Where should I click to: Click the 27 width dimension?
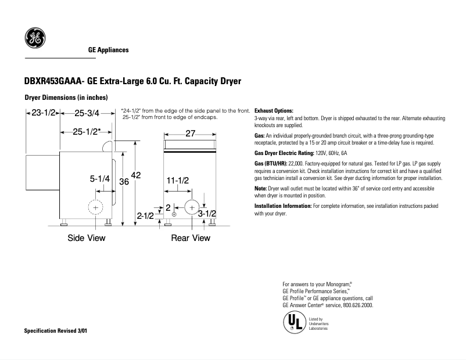click(x=190, y=134)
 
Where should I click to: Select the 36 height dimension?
click(x=124, y=181)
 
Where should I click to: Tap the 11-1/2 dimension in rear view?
click(x=178, y=181)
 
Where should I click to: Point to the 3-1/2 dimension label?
click(x=207, y=214)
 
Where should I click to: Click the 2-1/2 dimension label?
click(x=145, y=216)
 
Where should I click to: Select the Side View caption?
click(x=87, y=238)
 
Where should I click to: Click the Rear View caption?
click(x=190, y=238)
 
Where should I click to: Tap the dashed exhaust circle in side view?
click(x=95, y=207)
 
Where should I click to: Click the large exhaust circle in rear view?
click(x=191, y=207)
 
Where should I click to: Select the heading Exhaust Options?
click(x=274, y=110)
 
